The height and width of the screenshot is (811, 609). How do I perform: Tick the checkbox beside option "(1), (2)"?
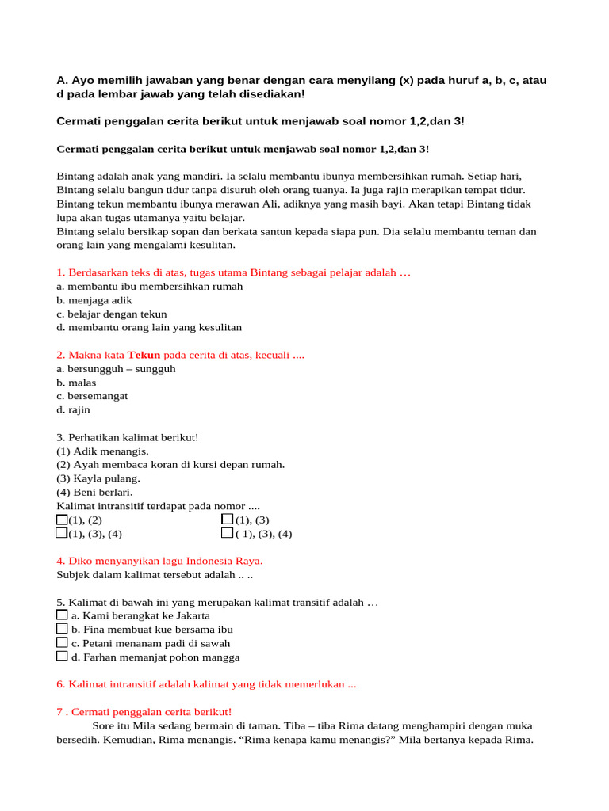pyautogui.click(x=62, y=520)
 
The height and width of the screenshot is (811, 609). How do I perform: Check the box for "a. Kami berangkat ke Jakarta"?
pyautogui.click(x=62, y=615)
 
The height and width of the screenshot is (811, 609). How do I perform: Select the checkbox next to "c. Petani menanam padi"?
pyautogui.click(x=62, y=642)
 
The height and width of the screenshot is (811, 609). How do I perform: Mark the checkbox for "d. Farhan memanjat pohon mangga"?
pyautogui.click(x=62, y=656)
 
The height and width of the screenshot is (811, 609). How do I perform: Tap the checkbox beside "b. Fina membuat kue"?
pyautogui.click(x=62, y=628)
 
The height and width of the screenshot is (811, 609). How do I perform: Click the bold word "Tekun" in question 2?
pyautogui.click(x=144, y=355)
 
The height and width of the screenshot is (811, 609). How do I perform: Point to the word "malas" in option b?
pyautogui.click(x=82, y=383)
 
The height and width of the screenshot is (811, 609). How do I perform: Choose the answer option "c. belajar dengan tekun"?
pyautogui.click(x=112, y=314)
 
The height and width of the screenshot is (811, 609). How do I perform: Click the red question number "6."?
pyautogui.click(x=61, y=684)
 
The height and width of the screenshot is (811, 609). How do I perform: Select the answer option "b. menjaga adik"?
pyautogui.click(x=94, y=300)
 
